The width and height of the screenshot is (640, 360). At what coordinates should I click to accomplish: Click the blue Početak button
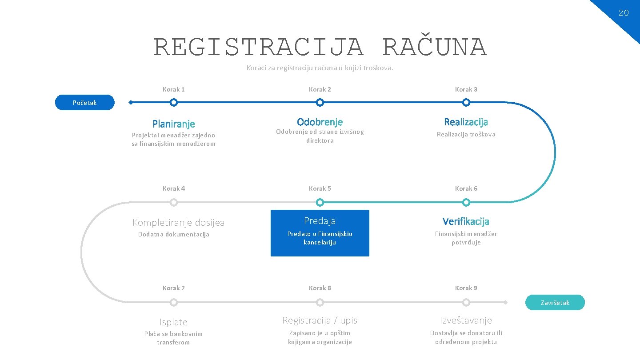point(84,103)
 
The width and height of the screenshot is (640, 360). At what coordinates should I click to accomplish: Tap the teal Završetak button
point(555,303)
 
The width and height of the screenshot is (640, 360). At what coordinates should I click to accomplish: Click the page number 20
point(624,13)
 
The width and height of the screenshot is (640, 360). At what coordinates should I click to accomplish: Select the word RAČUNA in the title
point(434,48)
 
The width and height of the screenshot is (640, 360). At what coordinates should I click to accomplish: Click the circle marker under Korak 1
point(174,103)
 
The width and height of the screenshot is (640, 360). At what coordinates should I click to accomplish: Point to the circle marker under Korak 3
point(466,103)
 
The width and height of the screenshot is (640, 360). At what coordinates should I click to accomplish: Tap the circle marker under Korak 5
point(320,203)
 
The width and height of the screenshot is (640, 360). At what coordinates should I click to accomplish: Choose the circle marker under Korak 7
point(174,303)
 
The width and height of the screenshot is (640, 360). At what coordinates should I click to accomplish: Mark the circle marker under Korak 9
point(466,303)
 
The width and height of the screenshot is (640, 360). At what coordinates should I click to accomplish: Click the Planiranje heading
point(174,124)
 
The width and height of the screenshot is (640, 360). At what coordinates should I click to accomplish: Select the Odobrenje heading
point(320,122)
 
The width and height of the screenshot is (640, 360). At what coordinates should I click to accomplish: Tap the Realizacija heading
point(466,122)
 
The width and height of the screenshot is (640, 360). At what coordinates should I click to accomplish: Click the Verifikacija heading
point(466,221)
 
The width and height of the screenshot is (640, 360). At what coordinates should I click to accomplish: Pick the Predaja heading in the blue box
point(320,221)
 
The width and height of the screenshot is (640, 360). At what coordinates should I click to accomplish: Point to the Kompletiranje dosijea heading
point(179,223)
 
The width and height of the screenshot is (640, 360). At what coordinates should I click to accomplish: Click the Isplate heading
point(174,322)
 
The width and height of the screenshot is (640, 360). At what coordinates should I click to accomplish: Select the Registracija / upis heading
point(320,320)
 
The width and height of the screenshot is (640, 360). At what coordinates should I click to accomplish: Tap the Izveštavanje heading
point(466,320)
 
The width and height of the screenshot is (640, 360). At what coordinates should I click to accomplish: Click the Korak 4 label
point(174,188)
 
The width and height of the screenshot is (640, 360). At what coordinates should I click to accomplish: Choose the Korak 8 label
point(320,288)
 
